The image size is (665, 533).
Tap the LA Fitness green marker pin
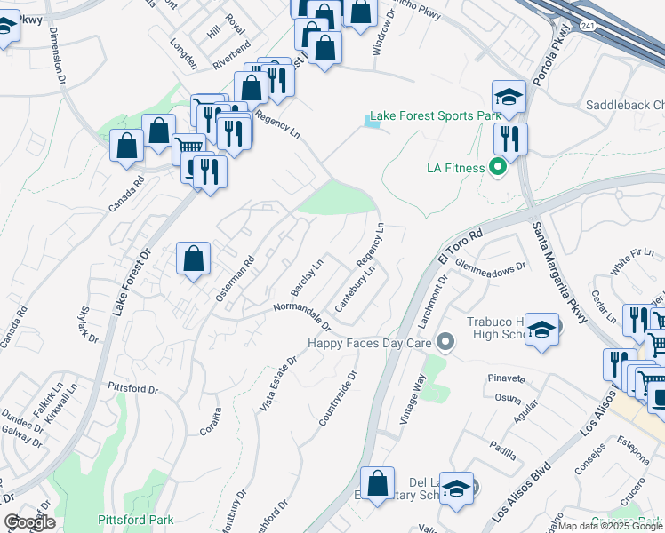[x=499, y=165]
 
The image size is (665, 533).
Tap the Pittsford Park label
[x=136, y=519]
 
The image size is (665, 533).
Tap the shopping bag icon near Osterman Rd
[x=194, y=260]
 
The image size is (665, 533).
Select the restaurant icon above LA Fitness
[x=510, y=139]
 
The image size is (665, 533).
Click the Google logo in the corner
[x=29, y=522]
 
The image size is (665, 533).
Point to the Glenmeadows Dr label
[x=491, y=265]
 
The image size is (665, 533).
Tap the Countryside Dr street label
[x=340, y=395]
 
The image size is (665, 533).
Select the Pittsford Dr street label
[x=132, y=389]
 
